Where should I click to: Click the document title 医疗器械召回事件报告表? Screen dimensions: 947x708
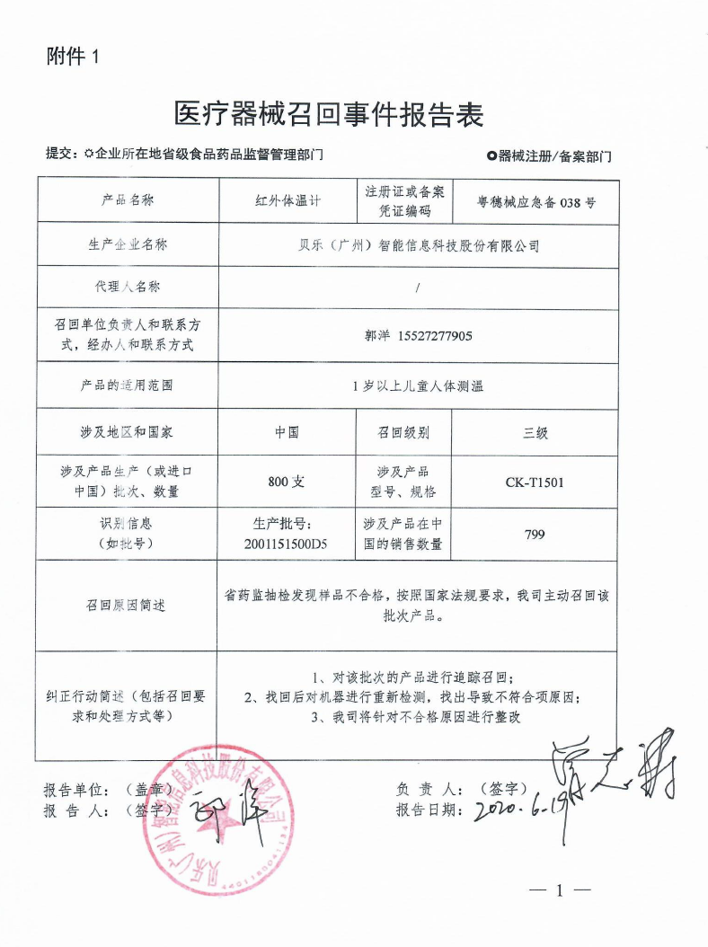coord(329,115)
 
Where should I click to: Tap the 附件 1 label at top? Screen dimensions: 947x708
coord(74,57)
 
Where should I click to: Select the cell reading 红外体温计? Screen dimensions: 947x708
coord(288,201)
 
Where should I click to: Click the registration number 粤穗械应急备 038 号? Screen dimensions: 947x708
coord(536,202)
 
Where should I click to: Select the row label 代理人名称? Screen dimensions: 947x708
coord(128,288)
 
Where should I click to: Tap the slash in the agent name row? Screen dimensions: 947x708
coord(419,288)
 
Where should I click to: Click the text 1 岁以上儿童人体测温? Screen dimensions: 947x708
coord(419,386)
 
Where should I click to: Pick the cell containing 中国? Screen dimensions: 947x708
coord(288,432)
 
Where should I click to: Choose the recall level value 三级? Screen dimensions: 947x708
coord(535,433)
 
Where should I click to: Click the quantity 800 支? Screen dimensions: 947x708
coord(288,482)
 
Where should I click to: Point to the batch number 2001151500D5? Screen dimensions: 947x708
coord(288,544)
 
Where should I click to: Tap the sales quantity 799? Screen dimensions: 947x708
coord(535,535)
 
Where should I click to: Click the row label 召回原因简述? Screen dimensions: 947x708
coord(128,606)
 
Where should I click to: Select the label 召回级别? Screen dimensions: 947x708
coord(403,433)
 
